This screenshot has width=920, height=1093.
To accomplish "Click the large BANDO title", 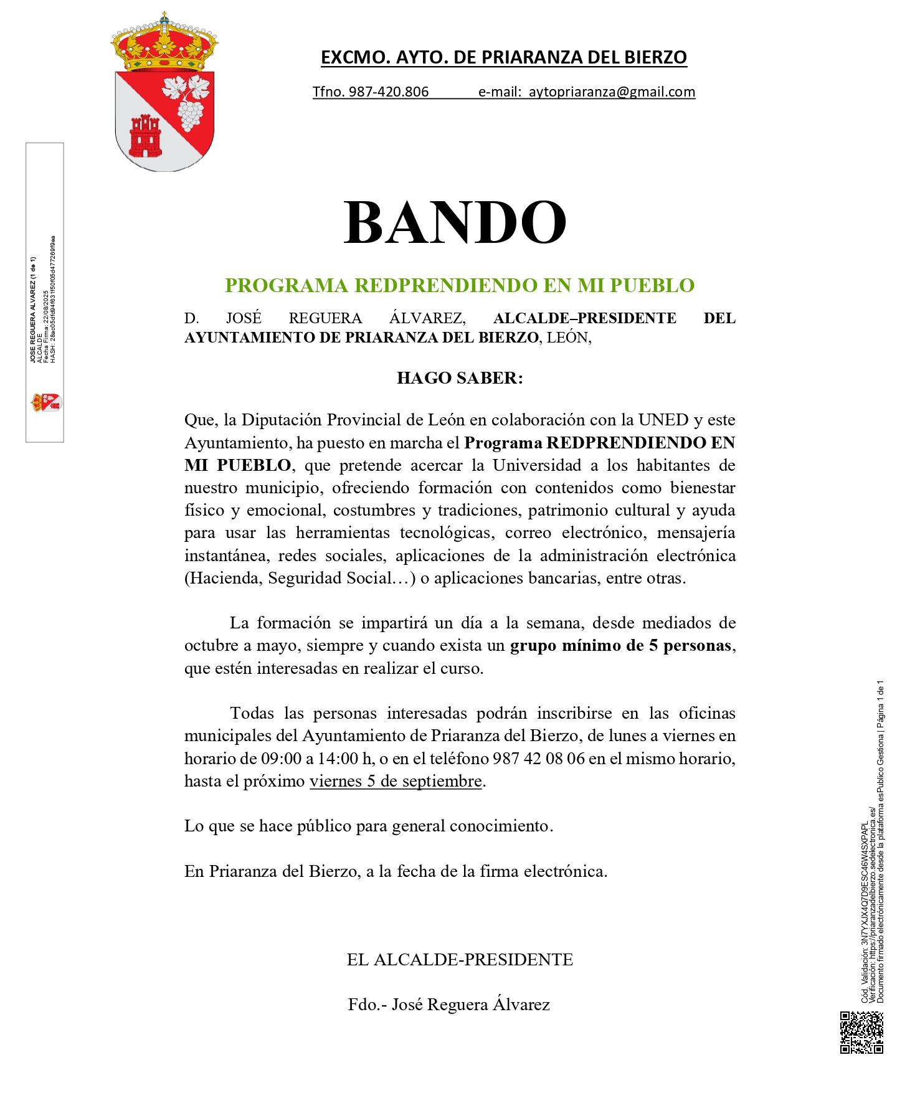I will (x=455, y=222).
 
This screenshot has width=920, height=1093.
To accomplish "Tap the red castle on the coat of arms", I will (x=145, y=136).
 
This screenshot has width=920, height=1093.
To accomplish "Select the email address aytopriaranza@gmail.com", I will (x=612, y=92).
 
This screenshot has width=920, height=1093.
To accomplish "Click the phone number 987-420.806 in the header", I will (x=389, y=92).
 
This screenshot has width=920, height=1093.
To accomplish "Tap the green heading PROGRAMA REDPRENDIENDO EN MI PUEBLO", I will (x=460, y=285).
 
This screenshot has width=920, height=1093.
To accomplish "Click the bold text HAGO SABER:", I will (x=460, y=378).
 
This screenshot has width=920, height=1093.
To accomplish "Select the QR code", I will (x=861, y=1033).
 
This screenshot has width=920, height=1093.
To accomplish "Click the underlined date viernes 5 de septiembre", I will (x=396, y=781).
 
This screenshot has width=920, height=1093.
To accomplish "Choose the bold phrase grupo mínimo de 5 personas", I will (x=620, y=646).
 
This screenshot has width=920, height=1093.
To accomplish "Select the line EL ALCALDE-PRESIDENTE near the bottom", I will (x=460, y=960).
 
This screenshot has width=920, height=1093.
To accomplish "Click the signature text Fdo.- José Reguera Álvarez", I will (x=449, y=1005).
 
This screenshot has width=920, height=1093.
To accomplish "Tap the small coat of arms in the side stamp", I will (x=45, y=402).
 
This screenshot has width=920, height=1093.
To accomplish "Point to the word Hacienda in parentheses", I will (x=224, y=579).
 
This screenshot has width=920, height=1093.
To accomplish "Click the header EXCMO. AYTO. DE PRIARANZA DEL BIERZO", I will (x=503, y=57).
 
